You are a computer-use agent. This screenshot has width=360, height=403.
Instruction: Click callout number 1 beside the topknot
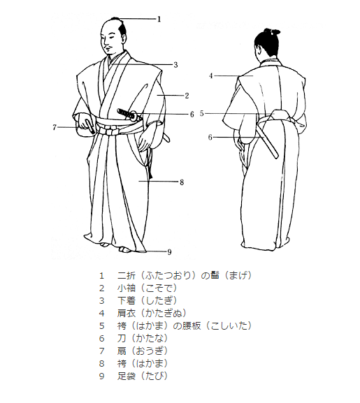(x=159, y=19)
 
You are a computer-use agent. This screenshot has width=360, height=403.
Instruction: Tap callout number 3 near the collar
(x=175, y=65)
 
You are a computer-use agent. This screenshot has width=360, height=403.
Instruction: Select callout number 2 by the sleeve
(x=187, y=96)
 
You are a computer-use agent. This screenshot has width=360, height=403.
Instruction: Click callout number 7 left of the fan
(x=55, y=127)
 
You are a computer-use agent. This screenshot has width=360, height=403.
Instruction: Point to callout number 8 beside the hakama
(x=182, y=182)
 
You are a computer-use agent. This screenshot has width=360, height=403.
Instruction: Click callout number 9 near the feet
(x=169, y=252)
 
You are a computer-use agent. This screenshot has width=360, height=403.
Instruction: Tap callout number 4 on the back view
(x=211, y=76)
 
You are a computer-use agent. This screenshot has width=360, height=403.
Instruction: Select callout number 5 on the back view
(x=202, y=113)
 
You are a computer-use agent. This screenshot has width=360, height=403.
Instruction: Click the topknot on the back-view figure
(x=273, y=31)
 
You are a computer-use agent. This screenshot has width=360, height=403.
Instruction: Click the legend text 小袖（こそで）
(x=147, y=288)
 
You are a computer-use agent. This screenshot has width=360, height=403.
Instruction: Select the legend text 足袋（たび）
(x=142, y=376)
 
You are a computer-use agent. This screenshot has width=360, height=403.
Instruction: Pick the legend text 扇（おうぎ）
(x=142, y=351)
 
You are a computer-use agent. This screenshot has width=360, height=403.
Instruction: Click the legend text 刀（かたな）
(x=142, y=338)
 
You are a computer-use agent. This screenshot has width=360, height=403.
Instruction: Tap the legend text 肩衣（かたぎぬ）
(x=152, y=313)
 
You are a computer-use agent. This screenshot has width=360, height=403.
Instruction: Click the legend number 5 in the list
(x=102, y=326)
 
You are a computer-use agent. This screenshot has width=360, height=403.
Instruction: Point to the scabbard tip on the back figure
(x=276, y=156)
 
